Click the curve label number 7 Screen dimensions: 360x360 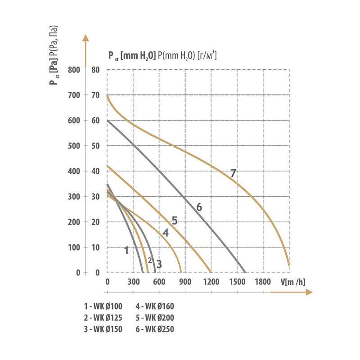(x=233, y=173)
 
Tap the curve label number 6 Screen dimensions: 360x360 (x=199, y=207)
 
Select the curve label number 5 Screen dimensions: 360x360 (x=175, y=220)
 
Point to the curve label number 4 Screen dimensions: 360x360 (x=166, y=233)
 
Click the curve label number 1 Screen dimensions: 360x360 (x=127, y=250)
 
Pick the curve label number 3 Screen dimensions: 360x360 (x=159, y=263)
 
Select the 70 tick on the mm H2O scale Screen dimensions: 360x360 (x=95, y=95)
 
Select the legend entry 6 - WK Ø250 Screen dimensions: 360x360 (x=154, y=329)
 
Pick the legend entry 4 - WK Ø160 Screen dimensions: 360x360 (x=154, y=306)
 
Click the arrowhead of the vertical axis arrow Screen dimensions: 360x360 (x=85, y=38)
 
